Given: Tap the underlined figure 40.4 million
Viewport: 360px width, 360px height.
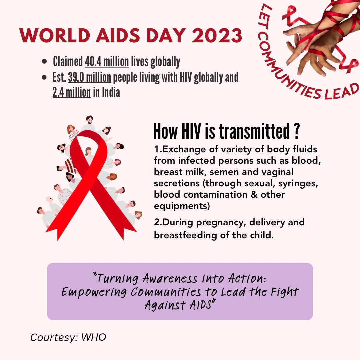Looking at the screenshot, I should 107,62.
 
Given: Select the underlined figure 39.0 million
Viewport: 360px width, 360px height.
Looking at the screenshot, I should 90,78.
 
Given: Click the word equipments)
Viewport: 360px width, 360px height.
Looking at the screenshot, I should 182,206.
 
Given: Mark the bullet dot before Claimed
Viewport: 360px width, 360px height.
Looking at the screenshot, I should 44,62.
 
